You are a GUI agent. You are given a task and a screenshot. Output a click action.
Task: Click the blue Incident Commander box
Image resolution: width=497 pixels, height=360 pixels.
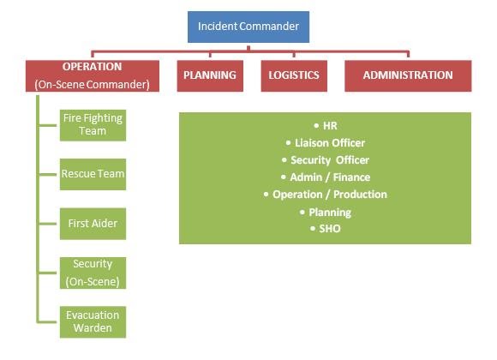point(248,27)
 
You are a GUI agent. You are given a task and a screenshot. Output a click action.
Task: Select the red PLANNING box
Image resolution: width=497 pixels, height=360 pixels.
point(210,75)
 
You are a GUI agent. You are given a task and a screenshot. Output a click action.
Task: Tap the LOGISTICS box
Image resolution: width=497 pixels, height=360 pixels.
point(294,75)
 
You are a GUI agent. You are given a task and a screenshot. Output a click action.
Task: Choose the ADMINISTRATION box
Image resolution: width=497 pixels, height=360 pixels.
point(408,75)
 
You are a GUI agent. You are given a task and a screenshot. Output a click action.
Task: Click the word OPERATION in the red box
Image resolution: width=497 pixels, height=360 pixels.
point(92,67)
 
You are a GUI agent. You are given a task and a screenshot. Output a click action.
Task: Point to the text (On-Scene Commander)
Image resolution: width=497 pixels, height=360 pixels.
point(92,84)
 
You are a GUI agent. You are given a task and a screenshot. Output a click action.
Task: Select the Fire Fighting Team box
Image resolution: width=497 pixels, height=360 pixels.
point(93,125)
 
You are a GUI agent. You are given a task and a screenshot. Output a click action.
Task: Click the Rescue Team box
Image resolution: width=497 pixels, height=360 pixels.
point(93,174)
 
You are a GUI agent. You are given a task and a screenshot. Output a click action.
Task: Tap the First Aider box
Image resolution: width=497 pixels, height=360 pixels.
point(93,224)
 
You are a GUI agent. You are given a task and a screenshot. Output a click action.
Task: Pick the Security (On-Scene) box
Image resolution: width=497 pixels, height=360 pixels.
point(93,273)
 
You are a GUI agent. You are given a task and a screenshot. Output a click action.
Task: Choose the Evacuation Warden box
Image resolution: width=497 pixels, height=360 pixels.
point(93,322)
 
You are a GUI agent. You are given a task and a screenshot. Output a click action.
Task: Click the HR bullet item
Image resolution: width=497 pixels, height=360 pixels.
point(326,126)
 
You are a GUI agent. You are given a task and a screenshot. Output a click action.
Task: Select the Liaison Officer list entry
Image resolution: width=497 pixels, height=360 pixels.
point(326,143)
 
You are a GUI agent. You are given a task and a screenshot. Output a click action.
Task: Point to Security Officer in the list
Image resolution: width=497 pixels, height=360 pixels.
point(326,160)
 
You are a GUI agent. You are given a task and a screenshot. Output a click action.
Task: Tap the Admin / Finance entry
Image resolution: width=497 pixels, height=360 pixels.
point(326,177)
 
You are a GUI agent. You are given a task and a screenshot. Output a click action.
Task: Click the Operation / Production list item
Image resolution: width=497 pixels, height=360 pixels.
point(326,194)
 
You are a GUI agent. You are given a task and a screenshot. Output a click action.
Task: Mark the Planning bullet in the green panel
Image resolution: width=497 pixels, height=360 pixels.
point(326,213)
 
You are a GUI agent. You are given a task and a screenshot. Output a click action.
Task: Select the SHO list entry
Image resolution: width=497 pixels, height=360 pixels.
point(326,228)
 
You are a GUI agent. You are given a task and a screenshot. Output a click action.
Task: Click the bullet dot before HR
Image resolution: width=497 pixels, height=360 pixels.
point(316,126)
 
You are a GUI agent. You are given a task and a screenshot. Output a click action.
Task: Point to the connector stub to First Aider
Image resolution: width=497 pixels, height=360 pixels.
point(47,224)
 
